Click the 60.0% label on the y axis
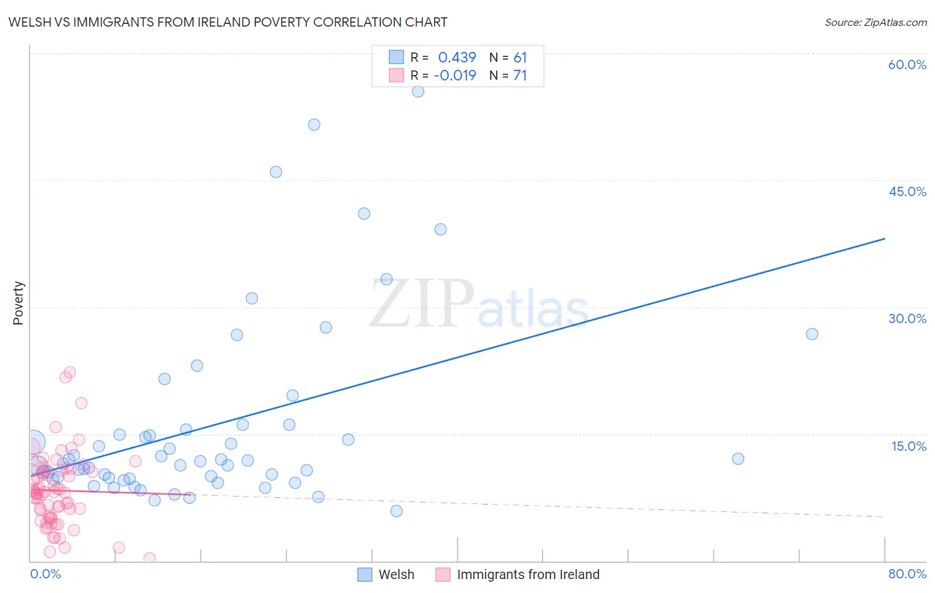907,64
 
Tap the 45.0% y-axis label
907,191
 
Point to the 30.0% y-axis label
907,318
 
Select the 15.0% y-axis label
908,446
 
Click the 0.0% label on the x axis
45,574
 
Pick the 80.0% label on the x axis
907,574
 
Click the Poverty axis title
18,303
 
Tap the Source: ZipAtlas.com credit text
875,22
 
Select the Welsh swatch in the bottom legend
364,574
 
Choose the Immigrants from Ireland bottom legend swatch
443,574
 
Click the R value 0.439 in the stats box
457,57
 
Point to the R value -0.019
455,75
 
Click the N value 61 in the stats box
520,57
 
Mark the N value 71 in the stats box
520,75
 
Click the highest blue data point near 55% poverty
418,92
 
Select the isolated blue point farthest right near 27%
811,334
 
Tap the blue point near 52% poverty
314,124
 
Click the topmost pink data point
69,372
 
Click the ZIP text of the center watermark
422,304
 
